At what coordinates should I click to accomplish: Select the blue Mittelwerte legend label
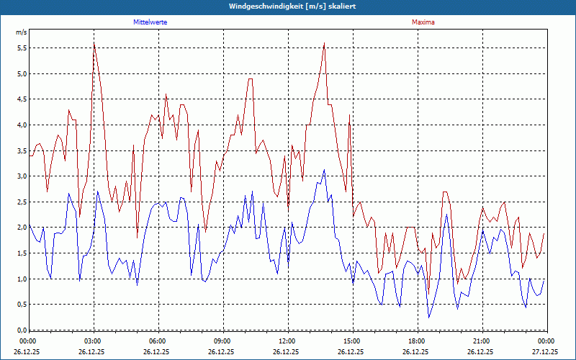150,22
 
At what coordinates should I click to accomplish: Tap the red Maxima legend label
423,22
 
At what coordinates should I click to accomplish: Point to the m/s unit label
21,33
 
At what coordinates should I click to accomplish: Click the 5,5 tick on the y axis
21,48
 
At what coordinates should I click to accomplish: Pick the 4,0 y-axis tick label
21,125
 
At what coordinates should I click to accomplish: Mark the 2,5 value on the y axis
21,202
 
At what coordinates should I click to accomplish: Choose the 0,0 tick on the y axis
21,330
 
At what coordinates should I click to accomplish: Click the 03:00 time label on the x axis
94,341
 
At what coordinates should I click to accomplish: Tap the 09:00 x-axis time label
223,341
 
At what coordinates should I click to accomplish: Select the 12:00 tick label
288,341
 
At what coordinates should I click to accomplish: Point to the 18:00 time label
418,341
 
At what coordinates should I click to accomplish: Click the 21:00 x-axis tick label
482,341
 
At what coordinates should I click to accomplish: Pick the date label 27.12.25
546,352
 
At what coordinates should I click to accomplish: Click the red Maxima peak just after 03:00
94,43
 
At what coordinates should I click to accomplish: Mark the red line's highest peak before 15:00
325,43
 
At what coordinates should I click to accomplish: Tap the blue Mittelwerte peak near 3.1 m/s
325,170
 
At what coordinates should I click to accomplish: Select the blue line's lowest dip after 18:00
429,317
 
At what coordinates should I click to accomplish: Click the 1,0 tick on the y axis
21,279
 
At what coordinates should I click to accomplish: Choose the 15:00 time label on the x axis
353,341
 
